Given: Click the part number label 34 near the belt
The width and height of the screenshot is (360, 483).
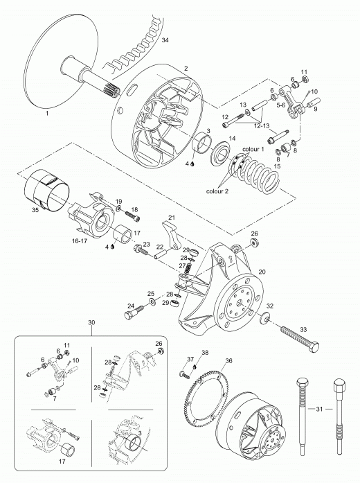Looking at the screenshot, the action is tap(165, 40).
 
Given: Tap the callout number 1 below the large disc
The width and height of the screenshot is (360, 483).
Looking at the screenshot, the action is tap(47, 114).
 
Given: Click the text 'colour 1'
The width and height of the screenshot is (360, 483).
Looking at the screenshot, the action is tap(253, 149).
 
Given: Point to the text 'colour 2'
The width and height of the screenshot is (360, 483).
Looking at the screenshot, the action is tap(217, 191).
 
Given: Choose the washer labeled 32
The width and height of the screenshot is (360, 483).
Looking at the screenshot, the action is tap(264, 318).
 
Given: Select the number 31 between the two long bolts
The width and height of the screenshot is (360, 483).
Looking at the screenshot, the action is tap(319, 409).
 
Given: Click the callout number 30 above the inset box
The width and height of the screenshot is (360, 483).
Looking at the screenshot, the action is tap(91, 322).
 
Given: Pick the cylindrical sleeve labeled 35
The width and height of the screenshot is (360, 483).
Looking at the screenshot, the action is tap(47, 190).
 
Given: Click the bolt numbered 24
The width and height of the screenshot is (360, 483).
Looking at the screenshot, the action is tap(134, 313).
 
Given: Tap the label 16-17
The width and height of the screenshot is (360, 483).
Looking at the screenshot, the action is tap(80, 241).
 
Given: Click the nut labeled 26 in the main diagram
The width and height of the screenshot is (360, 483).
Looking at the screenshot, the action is tap(255, 242).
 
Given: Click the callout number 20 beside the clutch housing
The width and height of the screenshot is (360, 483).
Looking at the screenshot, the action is tap(262, 272).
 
